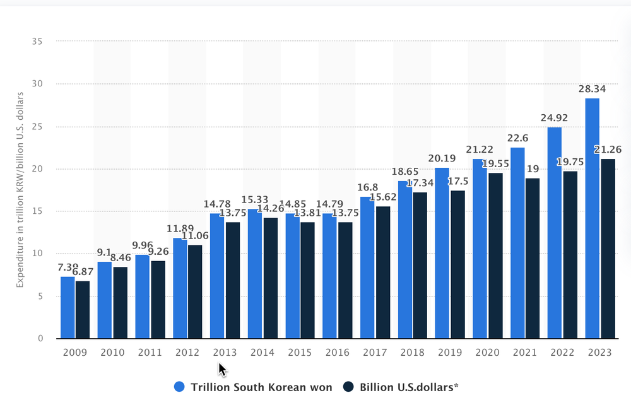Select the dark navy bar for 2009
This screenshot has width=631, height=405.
(x=83, y=309)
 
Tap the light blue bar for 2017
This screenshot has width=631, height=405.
(x=367, y=267)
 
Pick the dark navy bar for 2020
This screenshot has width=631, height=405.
(x=495, y=255)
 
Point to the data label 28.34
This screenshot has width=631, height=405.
(x=593, y=89)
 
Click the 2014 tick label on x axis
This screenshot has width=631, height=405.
(x=262, y=353)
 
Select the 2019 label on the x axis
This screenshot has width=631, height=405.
(x=449, y=353)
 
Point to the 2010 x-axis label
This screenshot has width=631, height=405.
(x=112, y=353)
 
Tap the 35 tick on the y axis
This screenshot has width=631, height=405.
(x=37, y=42)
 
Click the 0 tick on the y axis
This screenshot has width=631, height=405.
(x=40, y=339)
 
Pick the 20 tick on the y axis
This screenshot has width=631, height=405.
(x=37, y=169)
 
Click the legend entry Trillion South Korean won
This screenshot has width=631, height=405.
(x=252, y=387)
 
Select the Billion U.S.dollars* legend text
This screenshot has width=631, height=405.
(x=407, y=387)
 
